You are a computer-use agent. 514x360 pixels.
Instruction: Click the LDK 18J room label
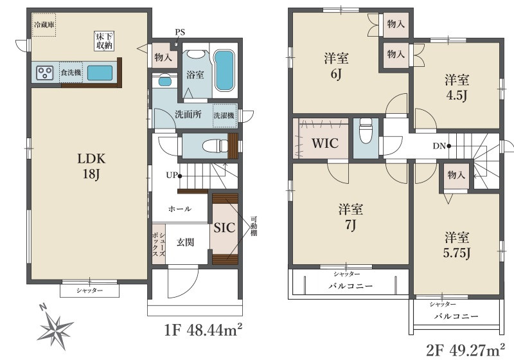91,166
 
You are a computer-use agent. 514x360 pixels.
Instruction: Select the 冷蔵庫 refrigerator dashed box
44,25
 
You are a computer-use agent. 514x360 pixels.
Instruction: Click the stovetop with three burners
44,73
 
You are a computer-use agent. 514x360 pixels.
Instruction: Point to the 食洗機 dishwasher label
71,73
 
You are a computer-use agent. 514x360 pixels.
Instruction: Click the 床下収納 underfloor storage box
104,41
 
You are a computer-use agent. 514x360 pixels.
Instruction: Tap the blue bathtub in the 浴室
224,70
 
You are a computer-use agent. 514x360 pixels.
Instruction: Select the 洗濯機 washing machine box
224,116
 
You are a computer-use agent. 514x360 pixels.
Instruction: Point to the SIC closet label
224,228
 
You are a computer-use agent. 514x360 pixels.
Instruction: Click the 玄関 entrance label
186,242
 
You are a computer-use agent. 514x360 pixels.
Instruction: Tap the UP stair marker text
172,175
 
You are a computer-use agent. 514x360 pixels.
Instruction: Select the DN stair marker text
439,146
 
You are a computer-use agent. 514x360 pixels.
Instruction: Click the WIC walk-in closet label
325,143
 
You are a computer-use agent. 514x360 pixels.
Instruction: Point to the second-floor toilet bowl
366,130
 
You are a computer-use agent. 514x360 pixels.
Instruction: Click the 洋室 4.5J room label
457,87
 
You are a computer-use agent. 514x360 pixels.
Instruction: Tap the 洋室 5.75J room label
457,244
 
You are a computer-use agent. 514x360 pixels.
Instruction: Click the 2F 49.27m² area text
465,350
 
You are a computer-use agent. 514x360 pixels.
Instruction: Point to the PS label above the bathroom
180,32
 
